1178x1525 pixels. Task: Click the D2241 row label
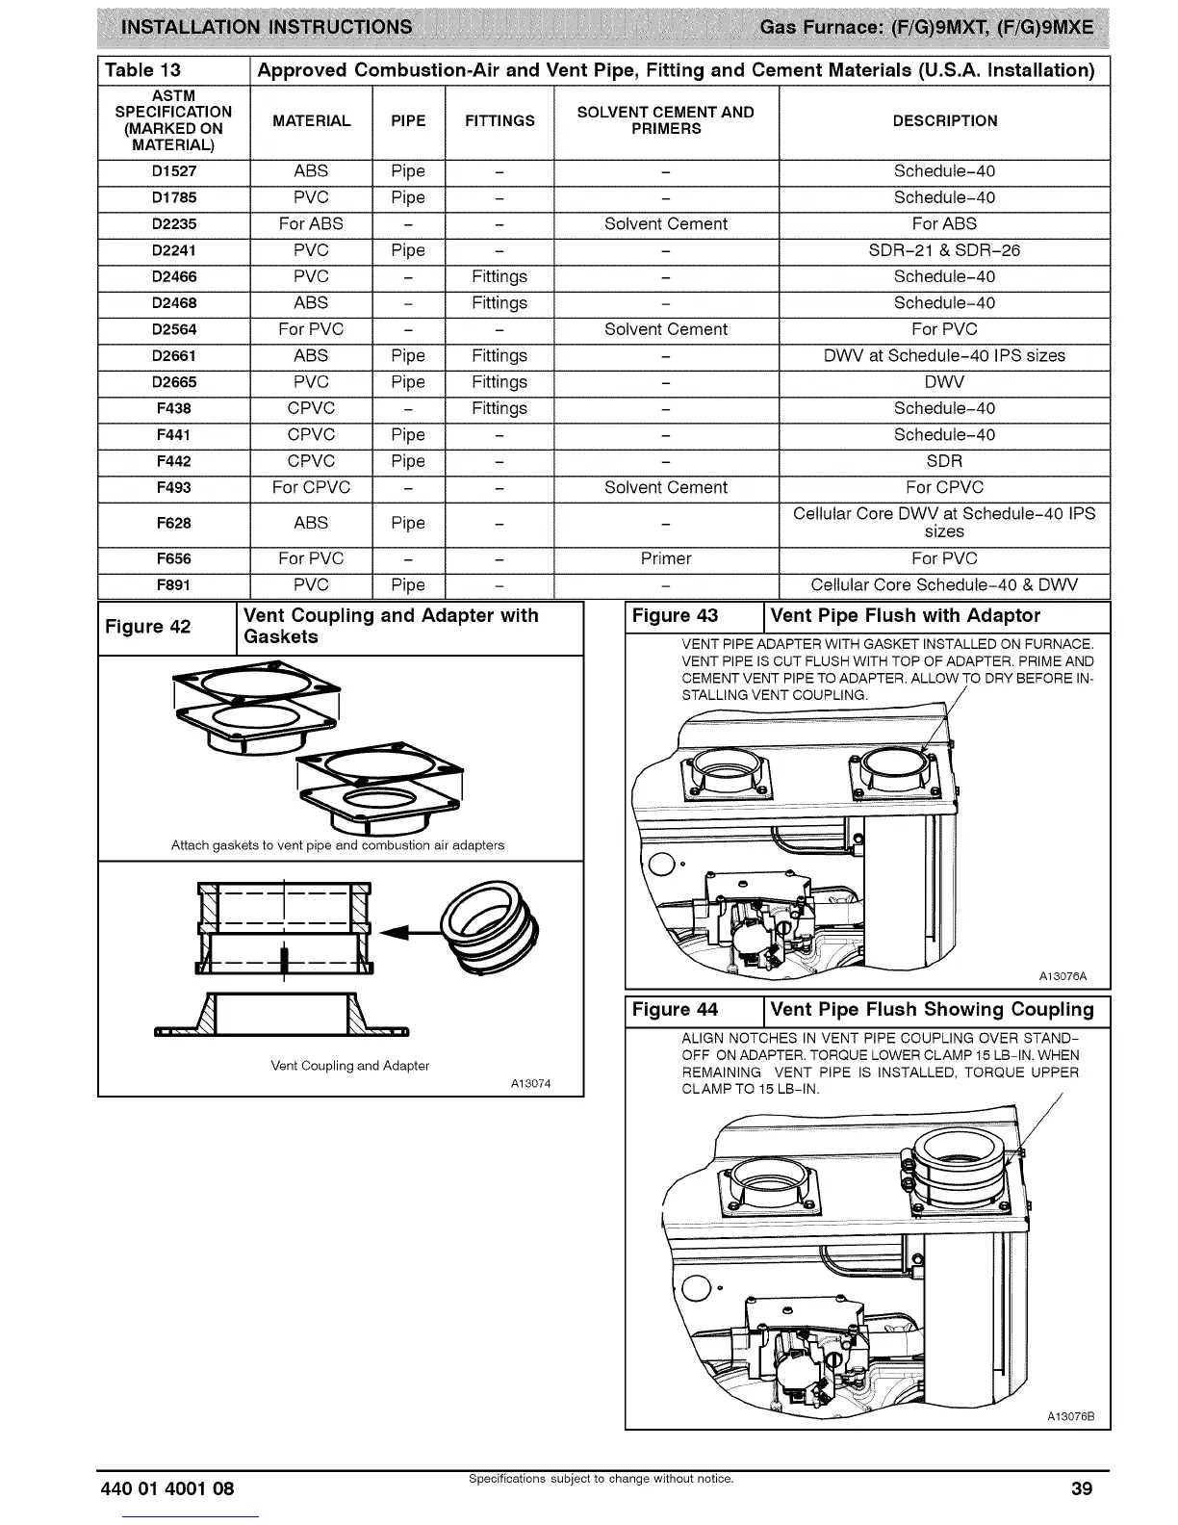click(x=174, y=250)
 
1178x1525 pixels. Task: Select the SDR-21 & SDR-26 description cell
click(x=943, y=250)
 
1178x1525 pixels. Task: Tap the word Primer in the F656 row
click(x=666, y=558)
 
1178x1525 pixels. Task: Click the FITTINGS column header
click(x=499, y=121)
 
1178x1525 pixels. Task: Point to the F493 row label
click(x=174, y=488)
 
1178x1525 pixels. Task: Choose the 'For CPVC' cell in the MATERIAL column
click(x=311, y=488)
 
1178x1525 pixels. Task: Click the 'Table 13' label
click(x=142, y=70)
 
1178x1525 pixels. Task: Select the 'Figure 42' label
click(x=147, y=627)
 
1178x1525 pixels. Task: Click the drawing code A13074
click(x=530, y=1084)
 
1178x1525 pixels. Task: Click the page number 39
click(x=1082, y=1489)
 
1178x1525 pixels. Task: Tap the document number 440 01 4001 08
click(x=167, y=1489)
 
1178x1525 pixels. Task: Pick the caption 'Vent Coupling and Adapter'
click(x=350, y=1066)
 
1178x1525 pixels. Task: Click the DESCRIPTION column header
click(x=944, y=121)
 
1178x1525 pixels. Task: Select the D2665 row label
click(x=174, y=382)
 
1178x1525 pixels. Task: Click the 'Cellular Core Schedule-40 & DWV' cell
click(x=943, y=585)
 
